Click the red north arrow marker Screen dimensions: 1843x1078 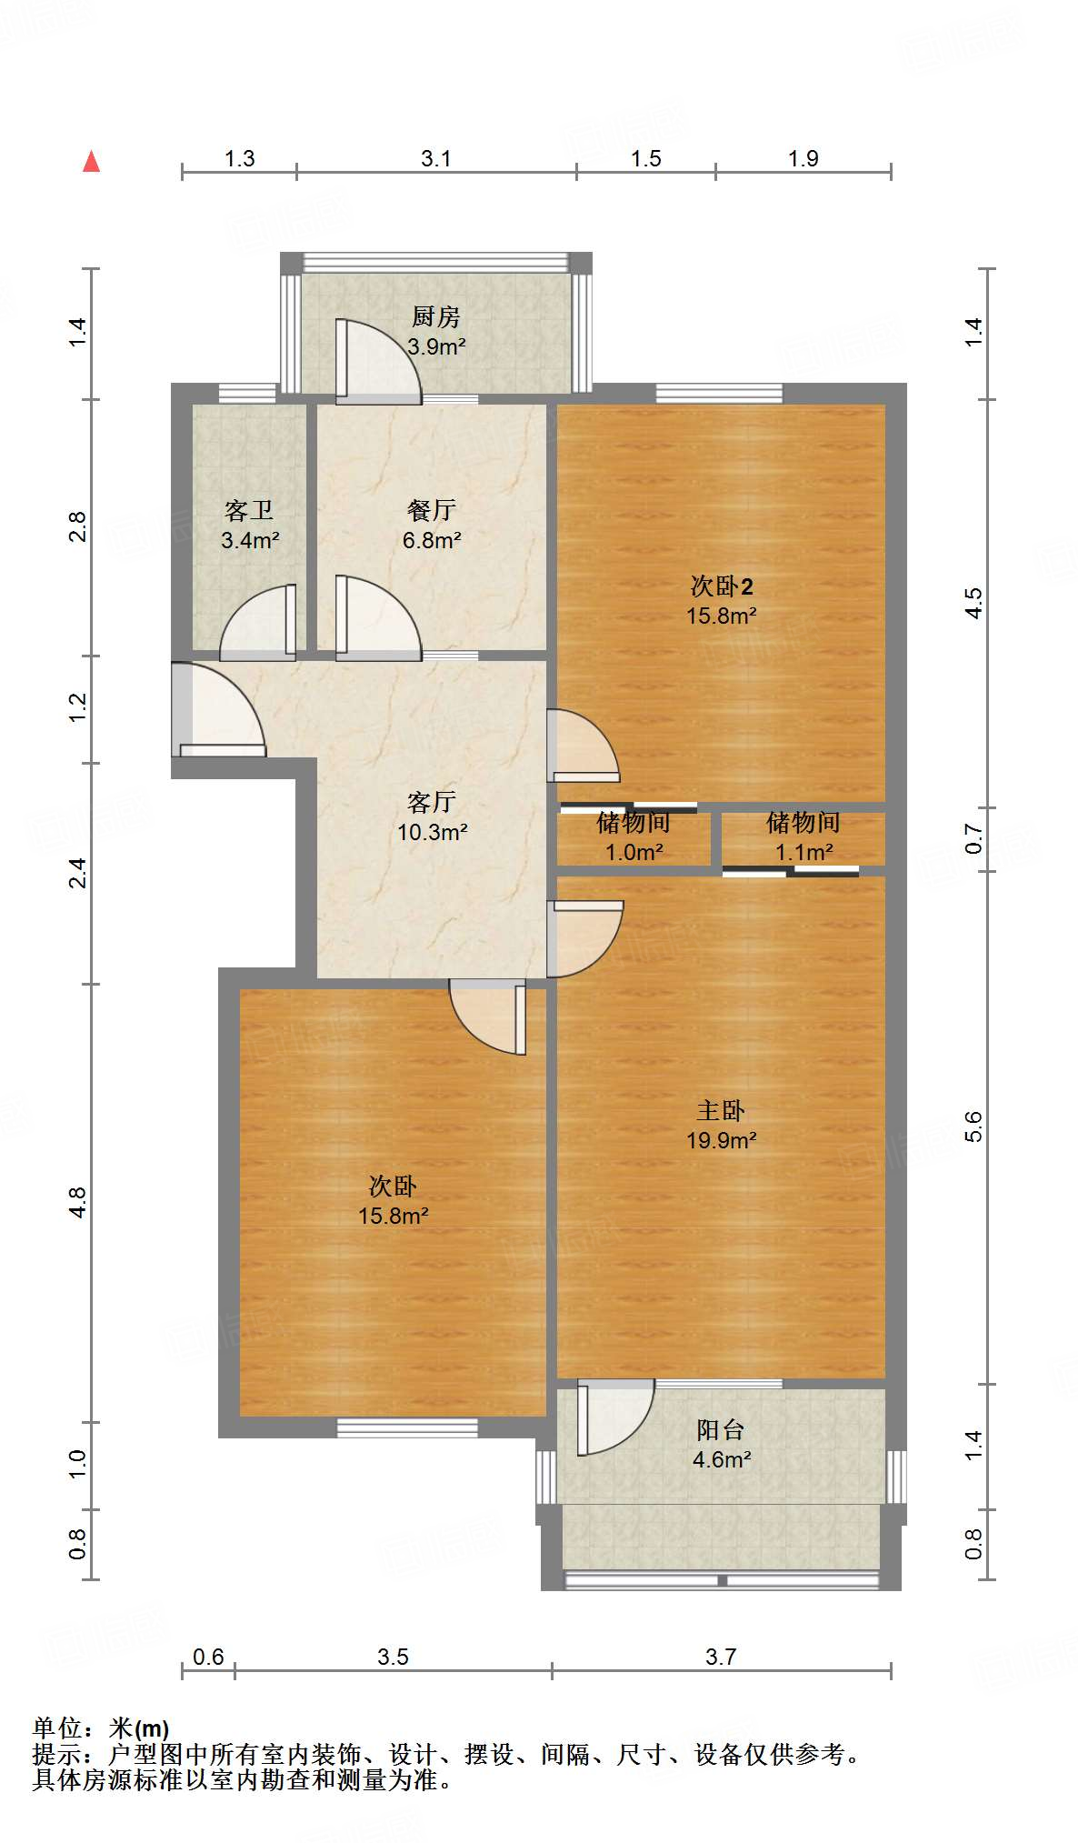[91, 162]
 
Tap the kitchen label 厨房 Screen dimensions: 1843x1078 [436, 317]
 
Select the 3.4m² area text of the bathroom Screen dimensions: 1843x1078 [250, 540]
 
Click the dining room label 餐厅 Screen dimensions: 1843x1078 [432, 510]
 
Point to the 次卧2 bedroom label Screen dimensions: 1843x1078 [722, 586]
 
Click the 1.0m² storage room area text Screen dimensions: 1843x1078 [634, 852]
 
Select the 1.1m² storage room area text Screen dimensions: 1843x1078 [804, 852]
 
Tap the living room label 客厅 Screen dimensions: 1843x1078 [432, 802]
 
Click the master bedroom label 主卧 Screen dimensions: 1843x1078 [721, 1110]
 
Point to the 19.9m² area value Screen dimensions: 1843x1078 [721, 1140]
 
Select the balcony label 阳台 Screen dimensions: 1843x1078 [721, 1430]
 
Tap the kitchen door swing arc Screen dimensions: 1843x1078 [377, 359]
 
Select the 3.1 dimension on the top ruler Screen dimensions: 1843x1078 [436, 159]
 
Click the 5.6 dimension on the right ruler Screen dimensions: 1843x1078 [973, 1127]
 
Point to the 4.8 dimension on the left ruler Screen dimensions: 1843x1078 [78, 1202]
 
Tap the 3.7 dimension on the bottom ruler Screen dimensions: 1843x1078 [721, 1657]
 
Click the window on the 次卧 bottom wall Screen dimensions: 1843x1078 [407, 1427]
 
